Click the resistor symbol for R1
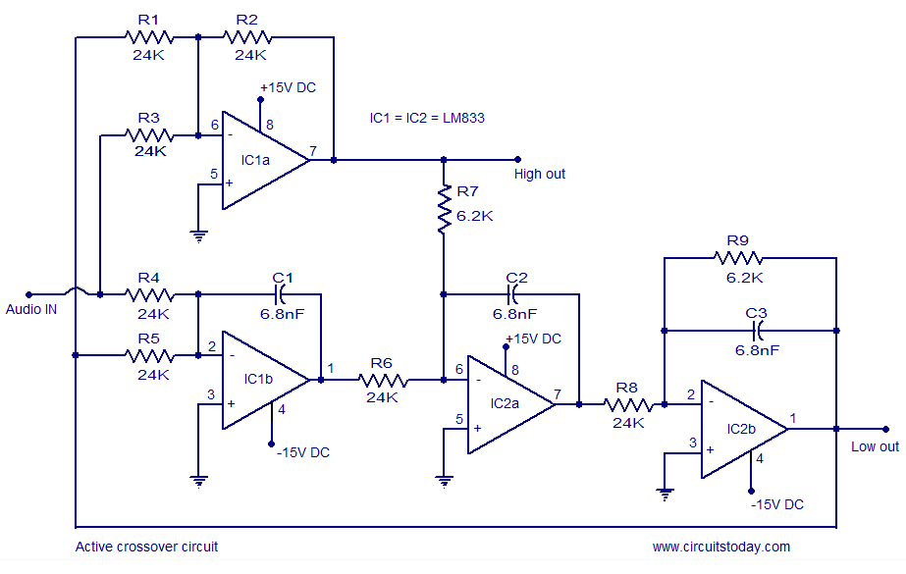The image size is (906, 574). [149, 37]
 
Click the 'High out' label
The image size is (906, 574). [540, 174]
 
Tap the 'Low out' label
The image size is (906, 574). [874, 446]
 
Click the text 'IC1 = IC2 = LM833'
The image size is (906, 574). [427, 118]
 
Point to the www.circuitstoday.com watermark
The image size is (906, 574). [721, 547]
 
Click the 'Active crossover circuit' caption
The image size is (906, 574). [147, 547]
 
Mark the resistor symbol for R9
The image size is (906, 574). [738, 258]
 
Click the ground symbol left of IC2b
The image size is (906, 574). [666, 494]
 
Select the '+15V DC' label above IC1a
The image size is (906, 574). [288, 87]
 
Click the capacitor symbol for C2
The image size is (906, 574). [515, 292]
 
